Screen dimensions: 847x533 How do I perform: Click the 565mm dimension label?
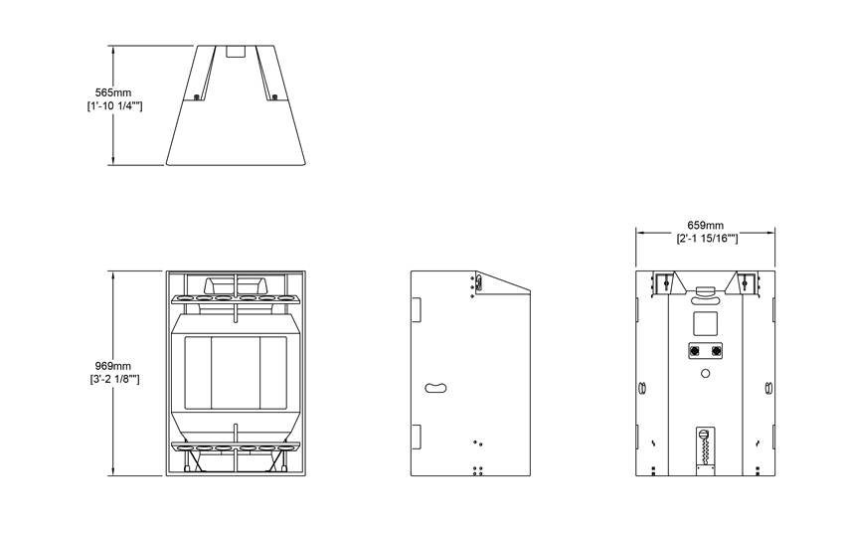tap(113, 92)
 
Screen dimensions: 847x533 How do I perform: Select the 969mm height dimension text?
tap(113, 366)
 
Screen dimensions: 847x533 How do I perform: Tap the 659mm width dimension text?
tap(706, 225)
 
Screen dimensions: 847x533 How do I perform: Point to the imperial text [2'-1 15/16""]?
tap(707, 239)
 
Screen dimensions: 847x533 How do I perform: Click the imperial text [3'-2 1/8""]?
tap(114, 380)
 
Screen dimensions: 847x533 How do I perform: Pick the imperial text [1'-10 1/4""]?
tap(114, 106)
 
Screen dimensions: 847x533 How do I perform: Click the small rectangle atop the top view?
tap(236, 52)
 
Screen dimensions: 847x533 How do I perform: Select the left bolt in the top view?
tap(197, 97)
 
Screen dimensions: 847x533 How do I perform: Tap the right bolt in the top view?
tap(275, 97)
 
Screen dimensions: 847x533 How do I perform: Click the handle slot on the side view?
tap(435, 388)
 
